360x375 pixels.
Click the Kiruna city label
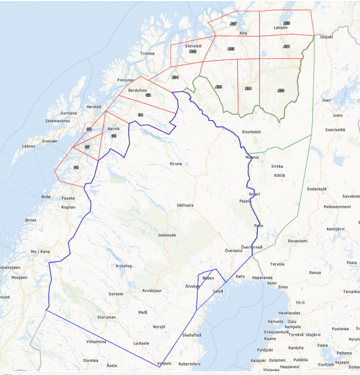pyautogui.click(x=176, y=164)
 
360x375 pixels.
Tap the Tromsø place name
pyautogui.click(x=147, y=54)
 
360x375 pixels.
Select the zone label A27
pyautogui.click(x=233, y=23)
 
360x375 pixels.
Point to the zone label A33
pyautogui.click(x=281, y=90)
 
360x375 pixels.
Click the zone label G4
pyautogui.click(x=140, y=115)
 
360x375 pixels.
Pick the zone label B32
pyautogui.click(x=193, y=51)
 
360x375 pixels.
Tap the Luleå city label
pyautogui.click(x=218, y=291)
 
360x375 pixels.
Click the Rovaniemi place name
pyautogui.click(x=298, y=241)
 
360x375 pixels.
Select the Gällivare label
pyautogui.click(x=185, y=205)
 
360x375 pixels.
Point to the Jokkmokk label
pyautogui.click(x=167, y=235)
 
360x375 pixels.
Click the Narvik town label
pyautogui.click(x=113, y=129)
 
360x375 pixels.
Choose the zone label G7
pyautogui.click(x=87, y=147)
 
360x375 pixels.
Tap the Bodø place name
pyautogui.click(x=45, y=197)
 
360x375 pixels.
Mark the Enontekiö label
pyautogui.click(x=251, y=132)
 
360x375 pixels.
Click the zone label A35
pyautogui.click(x=218, y=87)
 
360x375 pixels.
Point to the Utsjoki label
pyautogui.click(x=326, y=36)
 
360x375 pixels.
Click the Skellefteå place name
pyautogui.click(x=192, y=335)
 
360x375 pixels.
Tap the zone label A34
pyautogui.click(x=248, y=88)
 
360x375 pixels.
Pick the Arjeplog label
pyautogui.click(x=124, y=265)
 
